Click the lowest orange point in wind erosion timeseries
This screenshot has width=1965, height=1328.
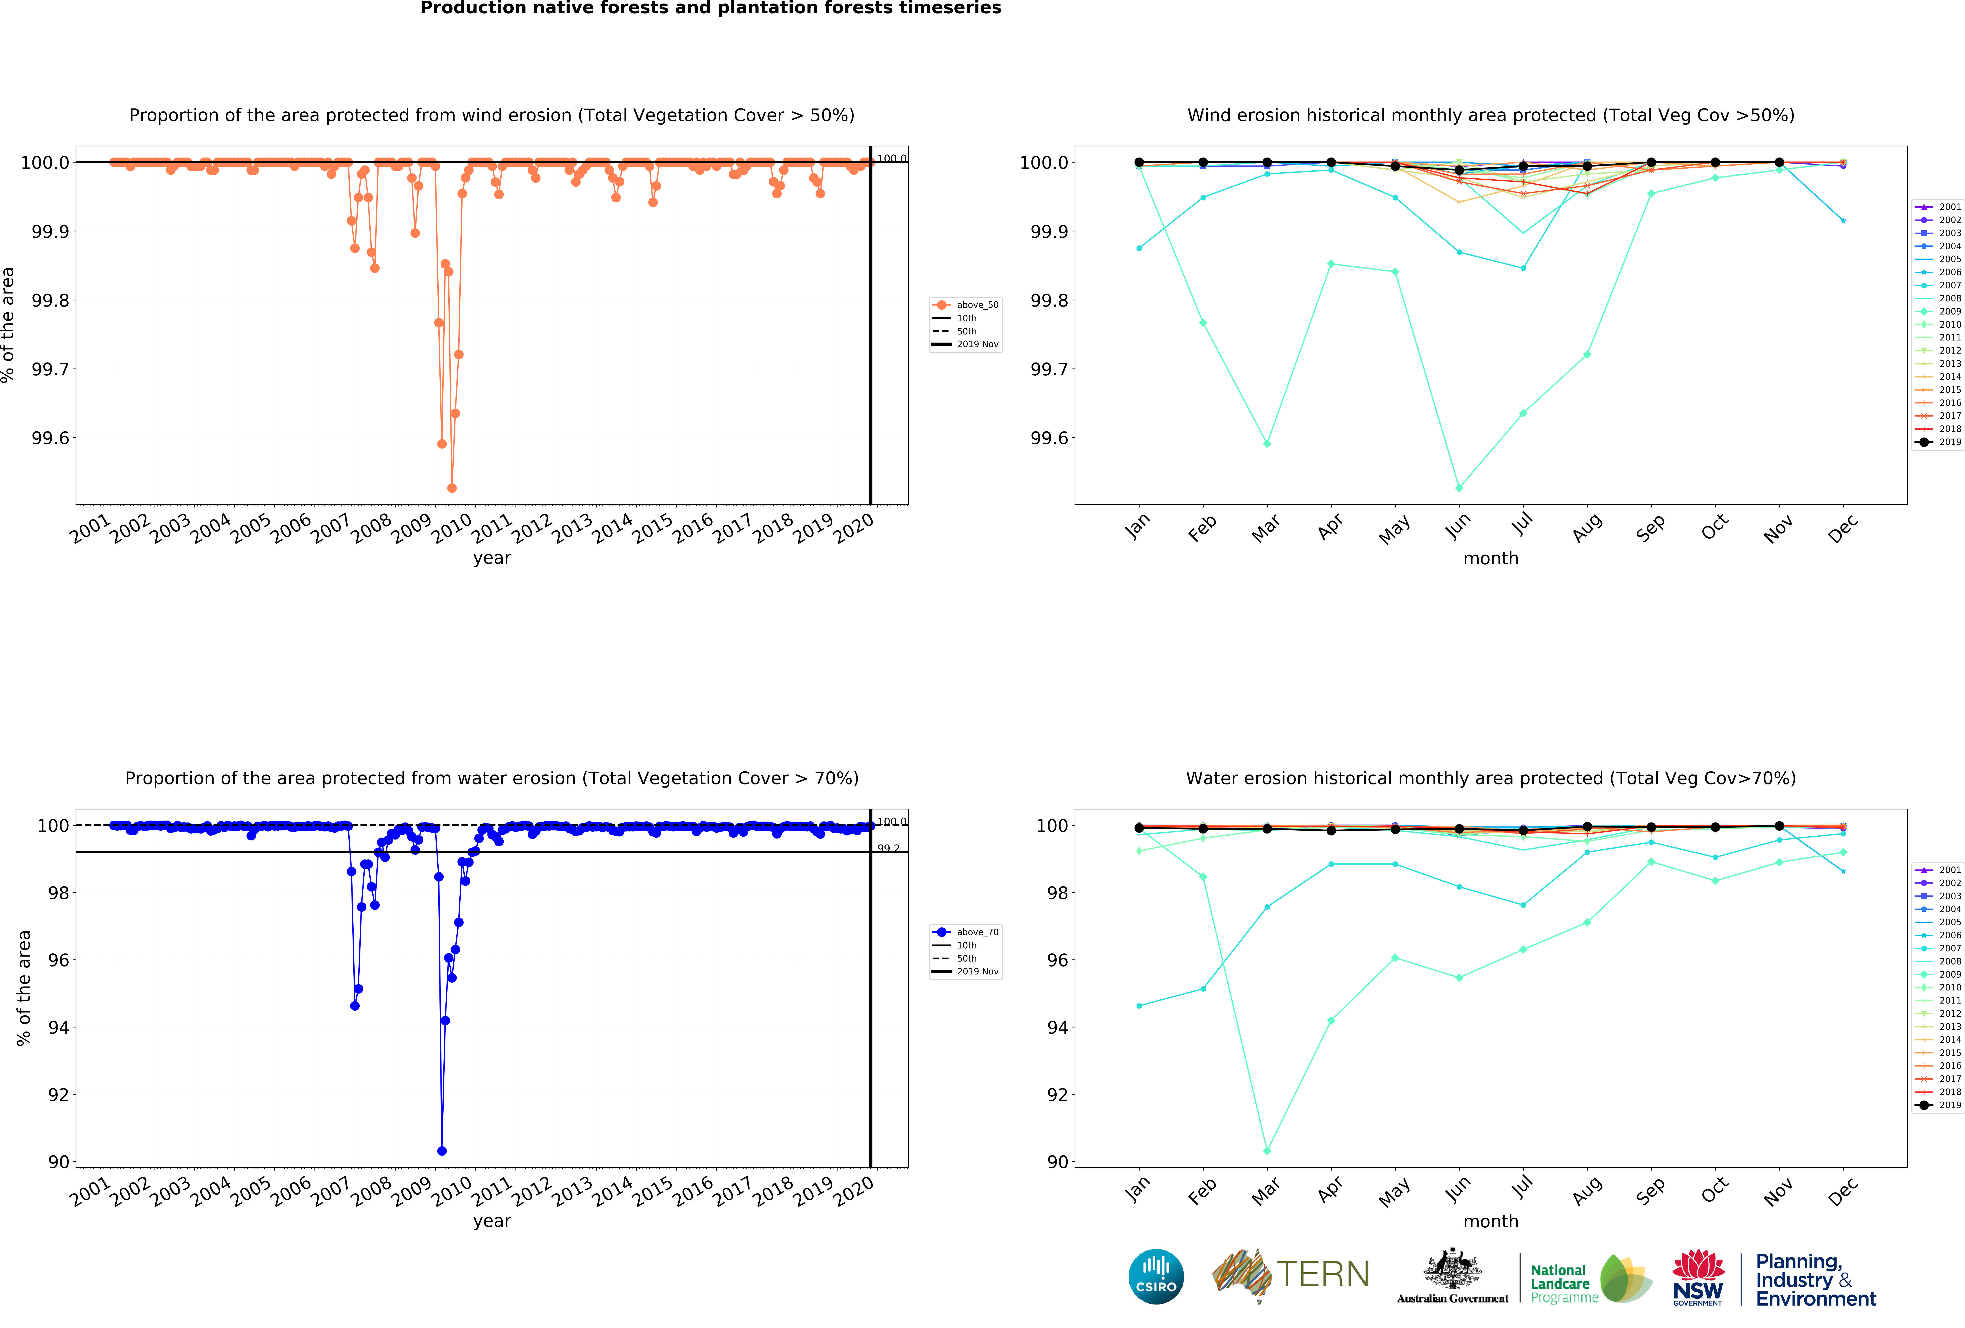[451, 488]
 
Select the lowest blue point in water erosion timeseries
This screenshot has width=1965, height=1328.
[441, 1150]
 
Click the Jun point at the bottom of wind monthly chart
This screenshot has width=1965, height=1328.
[1459, 488]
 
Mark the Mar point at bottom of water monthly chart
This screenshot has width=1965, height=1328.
[1267, 1150]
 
